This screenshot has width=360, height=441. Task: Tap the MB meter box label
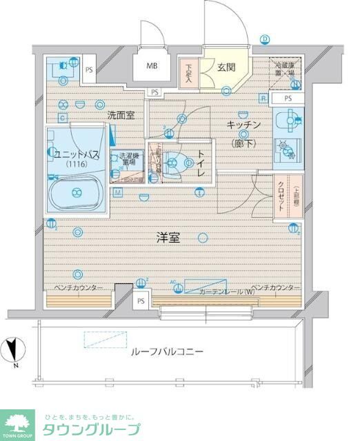[x=151, y=67]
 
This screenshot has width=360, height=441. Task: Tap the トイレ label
[x=201, y=163]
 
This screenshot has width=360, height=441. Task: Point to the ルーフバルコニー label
[x=167, y=351]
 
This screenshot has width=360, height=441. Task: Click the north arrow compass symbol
[x=14, y=350]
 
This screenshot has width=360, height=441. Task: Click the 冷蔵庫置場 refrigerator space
[x=283, y=72]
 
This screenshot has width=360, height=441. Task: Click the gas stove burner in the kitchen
[x=283, y=147]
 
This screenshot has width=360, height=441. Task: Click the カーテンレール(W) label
[x=227, y=291]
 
